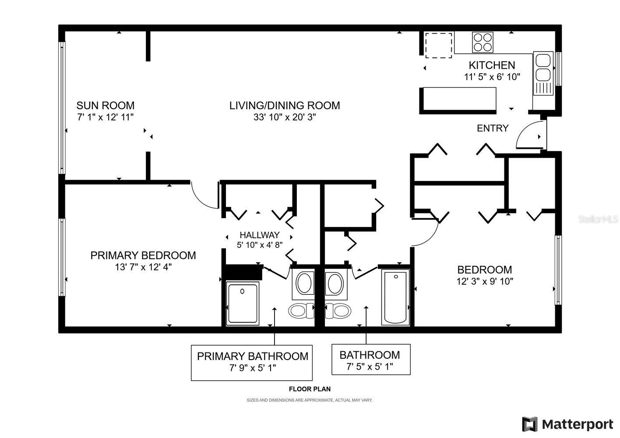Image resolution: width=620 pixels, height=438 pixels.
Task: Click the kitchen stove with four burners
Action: (x=483, y=42)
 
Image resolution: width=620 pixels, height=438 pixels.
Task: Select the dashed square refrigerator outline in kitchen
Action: (x=439, y=45)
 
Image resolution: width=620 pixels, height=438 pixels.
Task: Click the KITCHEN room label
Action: (x=492, y=65)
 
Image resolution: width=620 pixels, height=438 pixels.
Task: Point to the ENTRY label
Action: (x=493, y=128)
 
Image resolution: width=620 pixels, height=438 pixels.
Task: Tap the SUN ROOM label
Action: (x=105, y=106)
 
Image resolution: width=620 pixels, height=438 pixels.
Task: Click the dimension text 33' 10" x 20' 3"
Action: (x=285, y=117)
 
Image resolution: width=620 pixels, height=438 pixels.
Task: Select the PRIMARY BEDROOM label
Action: (x=143, y=255)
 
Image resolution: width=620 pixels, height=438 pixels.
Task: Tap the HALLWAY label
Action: (x=259, y=235)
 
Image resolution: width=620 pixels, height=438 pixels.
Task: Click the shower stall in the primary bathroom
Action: (x=243, y=304)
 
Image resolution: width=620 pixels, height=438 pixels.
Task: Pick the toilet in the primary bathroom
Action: (x=301, y=311)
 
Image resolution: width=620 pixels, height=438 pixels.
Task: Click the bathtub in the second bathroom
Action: (x=395, y=297)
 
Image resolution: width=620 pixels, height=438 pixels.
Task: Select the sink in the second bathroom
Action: (x=336, y=283)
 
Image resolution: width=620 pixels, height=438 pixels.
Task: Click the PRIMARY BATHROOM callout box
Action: (x=252, y=362)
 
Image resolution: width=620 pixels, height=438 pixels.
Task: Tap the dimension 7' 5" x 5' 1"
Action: (x=370, y=367)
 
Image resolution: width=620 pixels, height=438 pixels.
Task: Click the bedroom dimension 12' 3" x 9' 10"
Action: (x=485, y=281)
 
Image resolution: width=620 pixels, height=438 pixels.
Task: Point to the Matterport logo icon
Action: (x=530, y=424)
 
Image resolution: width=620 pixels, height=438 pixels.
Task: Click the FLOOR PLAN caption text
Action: (x=310, y=389)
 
